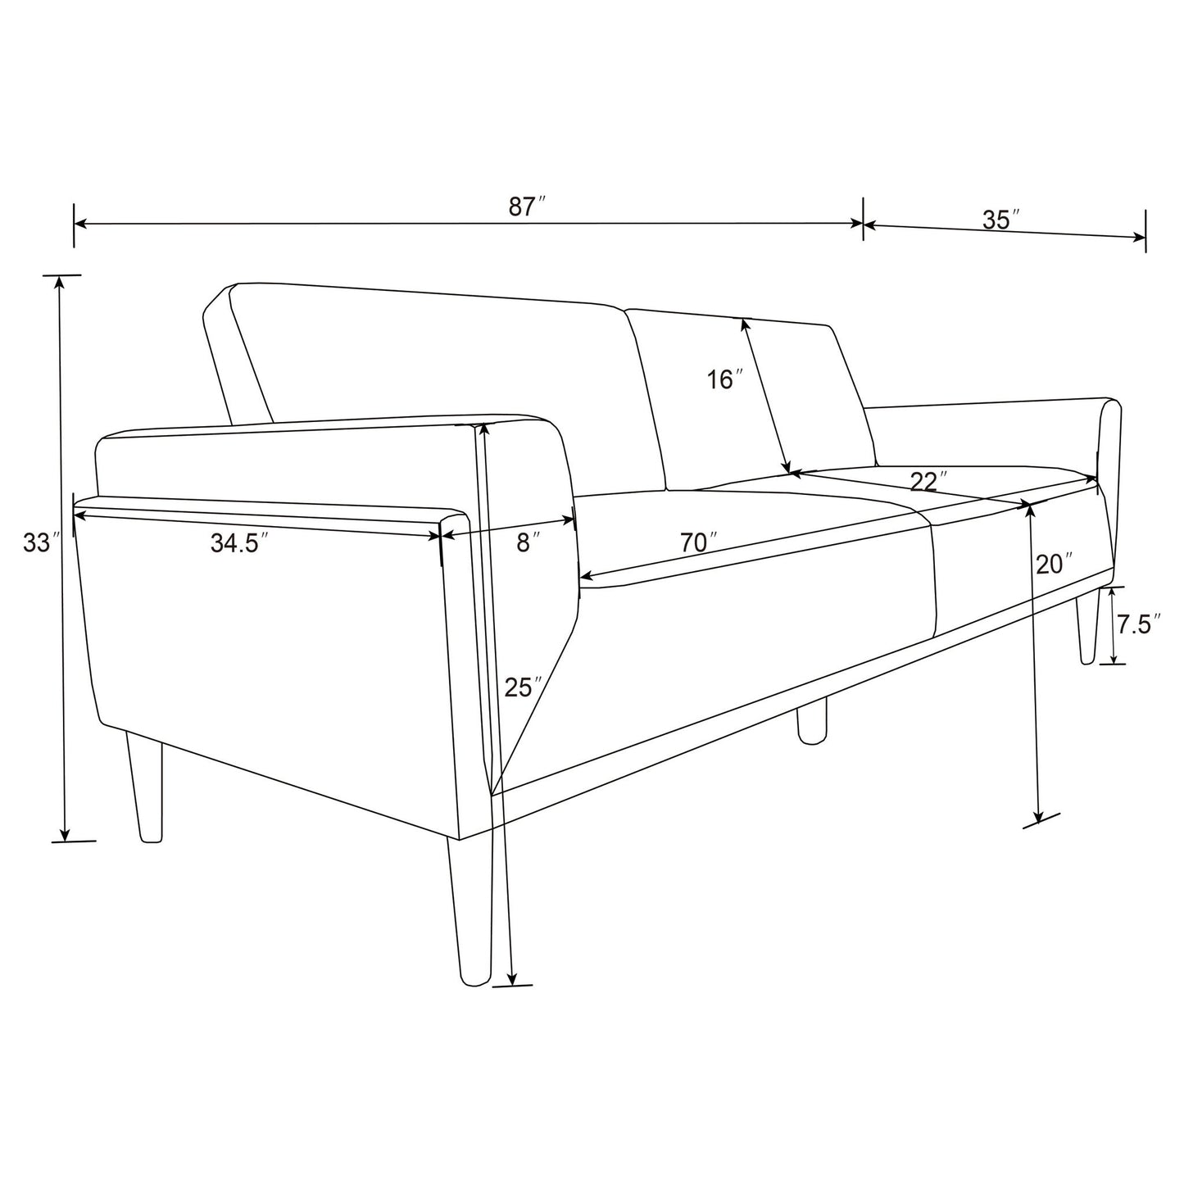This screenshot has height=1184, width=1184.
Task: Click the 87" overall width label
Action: tap(527, 206)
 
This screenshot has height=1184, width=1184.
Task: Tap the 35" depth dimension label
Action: tap(1000, 220)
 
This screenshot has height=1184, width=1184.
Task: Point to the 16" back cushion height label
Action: tap(725, 379)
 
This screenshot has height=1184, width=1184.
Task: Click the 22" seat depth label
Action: tap(928, 481)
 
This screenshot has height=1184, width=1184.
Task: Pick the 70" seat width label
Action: tap(698, 542)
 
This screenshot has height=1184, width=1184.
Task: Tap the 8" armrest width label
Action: tap(528, 542)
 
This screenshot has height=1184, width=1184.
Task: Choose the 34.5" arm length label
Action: tap(239, 542)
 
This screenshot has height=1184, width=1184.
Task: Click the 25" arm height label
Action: tap(523, 687)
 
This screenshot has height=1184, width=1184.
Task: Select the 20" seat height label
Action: tap(1054, 564)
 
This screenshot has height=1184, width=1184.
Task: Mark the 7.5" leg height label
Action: tap(1134, 625)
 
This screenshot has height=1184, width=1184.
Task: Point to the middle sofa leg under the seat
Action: tap(812, 721)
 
